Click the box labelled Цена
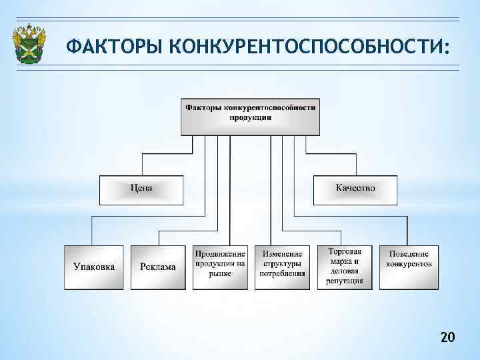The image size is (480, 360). point(141,189)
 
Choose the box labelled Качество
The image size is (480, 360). point(355,189)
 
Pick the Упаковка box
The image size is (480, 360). point(94,267)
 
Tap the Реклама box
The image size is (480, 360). point(159,267)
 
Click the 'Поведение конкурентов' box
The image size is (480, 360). point(409,260)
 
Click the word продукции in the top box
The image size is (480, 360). point(250,117)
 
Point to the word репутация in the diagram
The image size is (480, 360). point(345,281)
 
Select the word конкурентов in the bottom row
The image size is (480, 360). point(409,264)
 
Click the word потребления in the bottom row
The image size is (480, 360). point(283,273)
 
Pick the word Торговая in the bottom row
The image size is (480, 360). point(345,251)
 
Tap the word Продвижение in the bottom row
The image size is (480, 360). point(221,254)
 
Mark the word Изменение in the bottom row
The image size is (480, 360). point(283,254)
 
